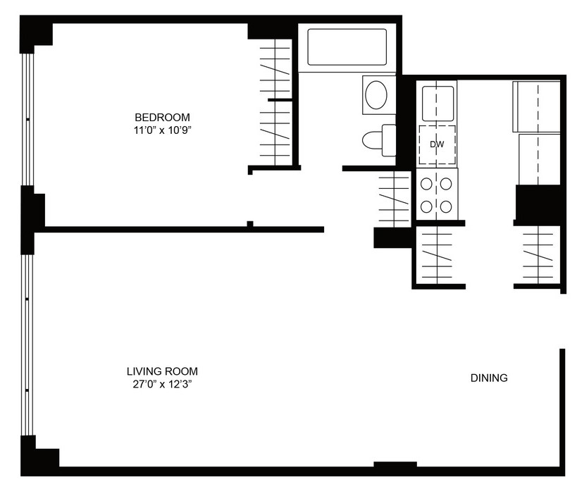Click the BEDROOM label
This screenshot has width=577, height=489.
tap(162, 118)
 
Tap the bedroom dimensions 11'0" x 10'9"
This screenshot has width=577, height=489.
tap(163, 130)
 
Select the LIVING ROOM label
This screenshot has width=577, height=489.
tap(162, 371)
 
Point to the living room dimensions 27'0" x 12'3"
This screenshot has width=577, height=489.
tap(163, 385)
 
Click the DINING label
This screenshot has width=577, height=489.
tap(489, 378)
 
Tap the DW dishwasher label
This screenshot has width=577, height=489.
tap(437, 144)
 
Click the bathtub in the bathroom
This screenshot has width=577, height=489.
tap(347, 47)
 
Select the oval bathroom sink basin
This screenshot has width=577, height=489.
tap(376, 94)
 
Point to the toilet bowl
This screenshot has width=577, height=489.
tap(373, 140)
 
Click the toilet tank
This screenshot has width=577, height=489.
tap(389, 140)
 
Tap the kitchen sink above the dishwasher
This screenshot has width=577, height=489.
tap(438, 104)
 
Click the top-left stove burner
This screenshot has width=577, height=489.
tap(426, 184)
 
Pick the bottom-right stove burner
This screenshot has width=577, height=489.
tap(446, 206)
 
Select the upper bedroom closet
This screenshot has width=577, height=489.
tap(275, 69)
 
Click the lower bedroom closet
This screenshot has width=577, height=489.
tap(275, 133)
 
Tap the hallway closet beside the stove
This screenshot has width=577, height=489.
tap(394, 199)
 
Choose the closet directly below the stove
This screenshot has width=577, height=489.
tap(438, 255)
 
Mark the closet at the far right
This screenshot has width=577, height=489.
tap(538, 255)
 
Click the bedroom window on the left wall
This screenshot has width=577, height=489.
tap(27, 120)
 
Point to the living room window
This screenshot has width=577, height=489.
tap(27, 345)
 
